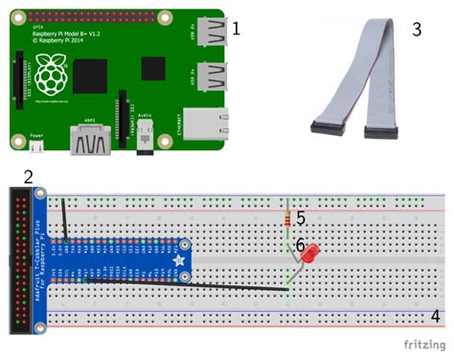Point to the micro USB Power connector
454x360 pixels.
(37, 149)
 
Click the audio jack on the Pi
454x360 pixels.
(145, 143)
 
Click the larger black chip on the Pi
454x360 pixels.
(91, 76)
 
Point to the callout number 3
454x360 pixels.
(417, 29)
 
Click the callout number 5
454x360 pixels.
(300, 218)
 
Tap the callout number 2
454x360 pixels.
(29, 176)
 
